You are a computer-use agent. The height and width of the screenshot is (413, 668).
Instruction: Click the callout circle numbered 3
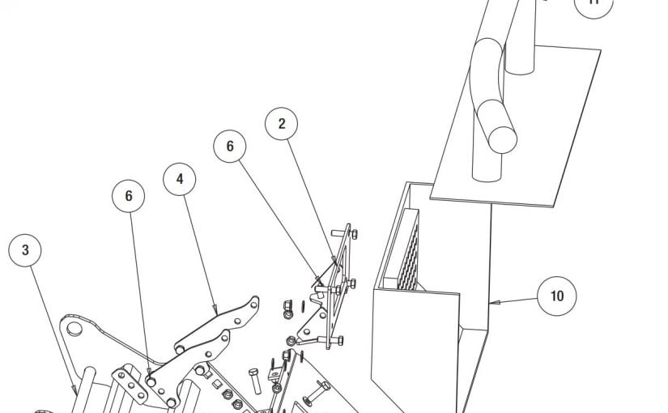[25, 251]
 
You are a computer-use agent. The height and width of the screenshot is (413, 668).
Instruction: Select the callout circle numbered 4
[180, 180]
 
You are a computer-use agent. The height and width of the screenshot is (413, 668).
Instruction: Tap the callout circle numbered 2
[282, 124]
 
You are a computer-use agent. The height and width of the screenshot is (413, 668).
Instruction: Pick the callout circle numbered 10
[556, 296]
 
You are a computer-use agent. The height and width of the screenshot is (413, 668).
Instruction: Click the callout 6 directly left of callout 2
[230, 147]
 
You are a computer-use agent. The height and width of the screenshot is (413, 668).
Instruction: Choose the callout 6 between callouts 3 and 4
[129, 196]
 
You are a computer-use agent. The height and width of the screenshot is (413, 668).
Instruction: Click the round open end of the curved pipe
[500, 138]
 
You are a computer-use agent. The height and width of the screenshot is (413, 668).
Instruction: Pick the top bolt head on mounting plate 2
[355, 233]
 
